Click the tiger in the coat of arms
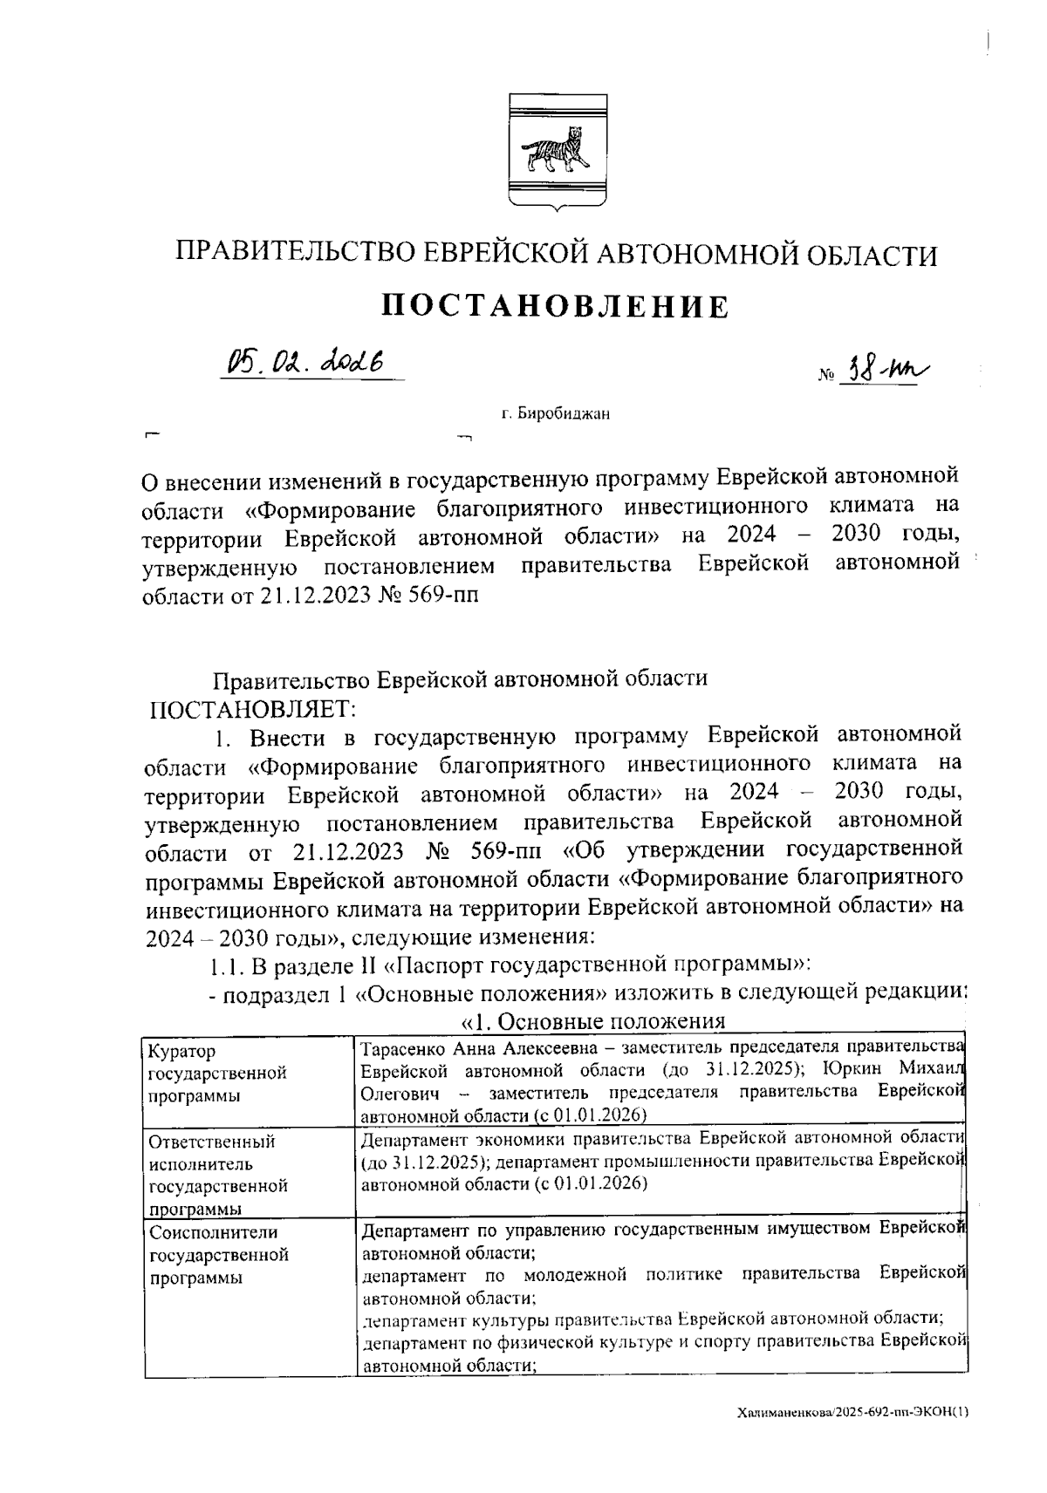[556, 151]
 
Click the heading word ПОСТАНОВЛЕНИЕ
[557, 307]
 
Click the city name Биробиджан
[563, 413]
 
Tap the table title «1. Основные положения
[592, 1022]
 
